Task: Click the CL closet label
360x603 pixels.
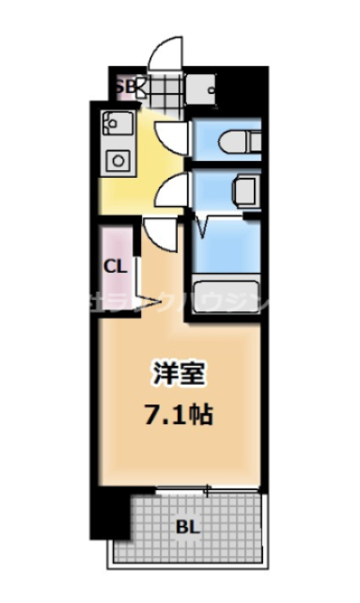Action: tap(115, 266)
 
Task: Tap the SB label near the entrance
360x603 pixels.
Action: tap(125, 87)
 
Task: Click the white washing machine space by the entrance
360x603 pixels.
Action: tap(203, 92)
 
